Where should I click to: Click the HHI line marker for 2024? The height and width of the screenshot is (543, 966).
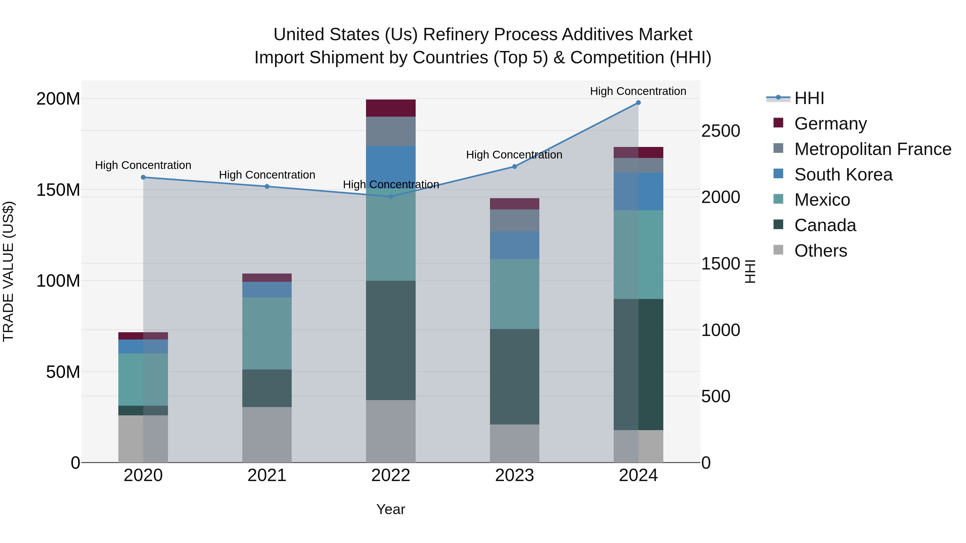[638, 103]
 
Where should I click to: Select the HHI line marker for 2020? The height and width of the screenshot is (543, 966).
[143, 177]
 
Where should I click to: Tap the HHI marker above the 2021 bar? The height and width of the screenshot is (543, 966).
[267, 186]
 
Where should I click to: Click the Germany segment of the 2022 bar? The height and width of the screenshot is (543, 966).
[391, 108]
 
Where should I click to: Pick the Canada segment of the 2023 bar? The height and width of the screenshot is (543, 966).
[514, 377]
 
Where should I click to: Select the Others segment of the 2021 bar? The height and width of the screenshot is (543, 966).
[267, 435]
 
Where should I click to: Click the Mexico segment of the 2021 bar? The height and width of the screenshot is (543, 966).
[267, 334]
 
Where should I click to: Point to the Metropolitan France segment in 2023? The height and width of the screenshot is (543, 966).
[514, 220]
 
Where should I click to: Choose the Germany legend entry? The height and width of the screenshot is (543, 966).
[830, 124]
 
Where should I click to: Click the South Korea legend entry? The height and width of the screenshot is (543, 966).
[843, 175]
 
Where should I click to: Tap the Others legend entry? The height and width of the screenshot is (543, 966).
[821, 251]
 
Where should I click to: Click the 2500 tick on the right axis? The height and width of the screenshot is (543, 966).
[720, 131]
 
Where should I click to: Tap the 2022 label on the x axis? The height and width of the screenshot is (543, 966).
[391, 475]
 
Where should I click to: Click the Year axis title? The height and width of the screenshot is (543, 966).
[391, 509]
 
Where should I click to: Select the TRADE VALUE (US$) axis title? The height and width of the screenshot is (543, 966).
[8, 271]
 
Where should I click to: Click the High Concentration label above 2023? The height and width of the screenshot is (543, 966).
[514, 155]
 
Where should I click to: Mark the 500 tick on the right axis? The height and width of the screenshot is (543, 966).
[715, 397]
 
